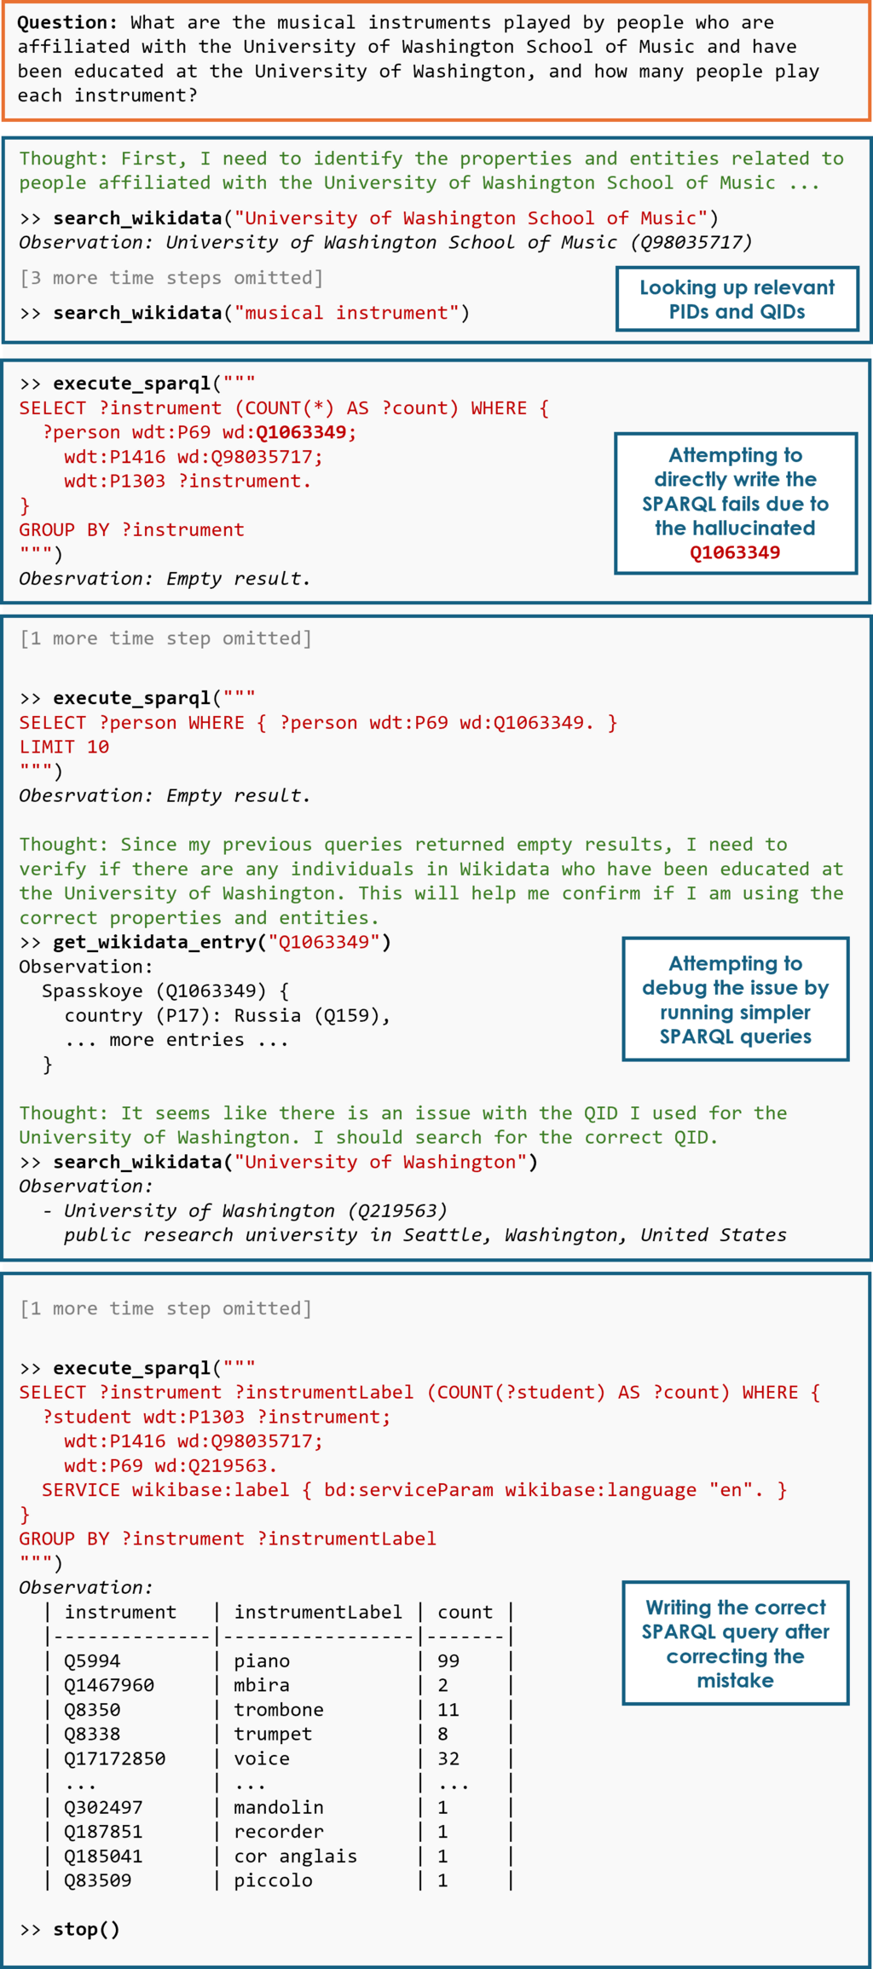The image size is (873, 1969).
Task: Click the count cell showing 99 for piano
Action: pyautogui.click(x=448, y=1660)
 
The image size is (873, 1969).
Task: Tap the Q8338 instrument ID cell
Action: pyautogui.click(x=92, y=1734)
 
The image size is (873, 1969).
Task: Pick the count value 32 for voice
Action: pyautogui.click(x=448, y=1758)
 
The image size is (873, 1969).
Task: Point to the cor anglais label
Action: pyautogui.click(x=296, y=1856)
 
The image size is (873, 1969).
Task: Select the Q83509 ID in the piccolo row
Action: pyautogui.click(x=98, y=1880)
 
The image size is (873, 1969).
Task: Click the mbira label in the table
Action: pyautogui.click(x=262, y=1685)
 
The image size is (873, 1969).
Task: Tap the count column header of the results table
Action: pyautogui.click(x=465, y=1612)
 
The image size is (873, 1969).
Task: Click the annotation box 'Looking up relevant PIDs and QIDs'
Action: pyautogui.click(x=737, y=299)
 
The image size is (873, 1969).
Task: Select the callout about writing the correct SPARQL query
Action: pyautogui.click(x=736, y=1643)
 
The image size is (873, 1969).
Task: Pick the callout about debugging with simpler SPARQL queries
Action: pyautogui.click(x=736, y=999)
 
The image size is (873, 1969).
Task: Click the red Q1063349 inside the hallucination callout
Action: pyautogui.click(x=735, y=552)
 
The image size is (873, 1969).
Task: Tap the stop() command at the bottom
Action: pyautogui.click(x=86, y=1929)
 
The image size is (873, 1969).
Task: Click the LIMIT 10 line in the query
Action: pyautogui.click(x=64, y=747)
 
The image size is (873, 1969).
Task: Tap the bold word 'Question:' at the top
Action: pyautogui.click(x=67, y=23)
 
